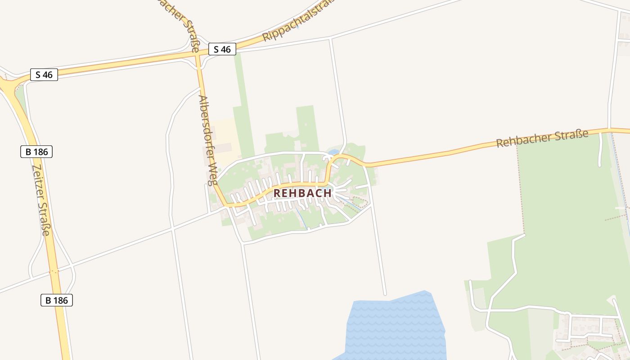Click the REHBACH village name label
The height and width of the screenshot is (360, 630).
click(302, 193)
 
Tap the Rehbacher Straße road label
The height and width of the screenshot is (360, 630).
click(542, 138)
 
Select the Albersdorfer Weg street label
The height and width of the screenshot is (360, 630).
click(207, 140)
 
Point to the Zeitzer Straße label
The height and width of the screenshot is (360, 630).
click(41, 199)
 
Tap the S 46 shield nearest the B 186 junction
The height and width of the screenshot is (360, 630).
click(44, 75)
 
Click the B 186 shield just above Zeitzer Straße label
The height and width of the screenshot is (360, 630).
click(36, 152)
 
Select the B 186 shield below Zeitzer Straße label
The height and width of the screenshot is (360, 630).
click(56, 300)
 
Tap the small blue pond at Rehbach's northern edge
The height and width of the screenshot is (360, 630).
click(333, 152)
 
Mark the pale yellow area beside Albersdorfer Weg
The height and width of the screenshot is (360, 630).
click(223, 135)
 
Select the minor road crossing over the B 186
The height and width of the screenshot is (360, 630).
click(54, 272)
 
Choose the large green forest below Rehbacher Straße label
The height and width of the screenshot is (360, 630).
click(571, 225)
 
